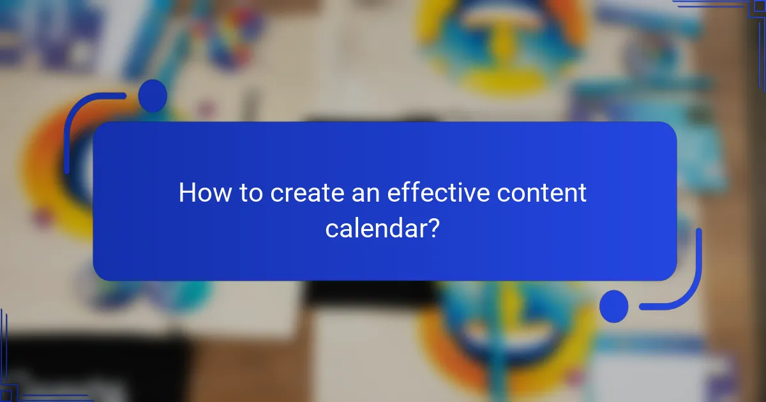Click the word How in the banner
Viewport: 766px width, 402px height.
pos(204,193)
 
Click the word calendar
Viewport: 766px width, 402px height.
pos(374,227)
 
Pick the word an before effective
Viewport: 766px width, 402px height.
pos(366,193)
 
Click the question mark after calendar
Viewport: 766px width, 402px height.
pos(432,227)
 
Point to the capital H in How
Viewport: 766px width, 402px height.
pos(186,193)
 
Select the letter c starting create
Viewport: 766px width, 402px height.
pos(278,194)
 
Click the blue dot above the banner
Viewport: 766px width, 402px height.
pos(153,96)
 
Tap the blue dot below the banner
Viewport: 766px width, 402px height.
pos(613,306)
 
